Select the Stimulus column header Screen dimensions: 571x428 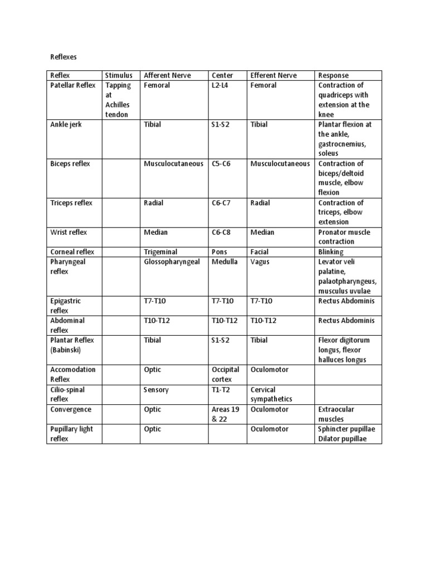point(119,75)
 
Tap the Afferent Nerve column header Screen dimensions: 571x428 point(166,75)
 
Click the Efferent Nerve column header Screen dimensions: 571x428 point(274,75)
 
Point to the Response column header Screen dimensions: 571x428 point(333,75)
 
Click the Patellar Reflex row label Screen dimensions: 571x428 point(73,85)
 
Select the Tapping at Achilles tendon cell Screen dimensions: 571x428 point(119,100)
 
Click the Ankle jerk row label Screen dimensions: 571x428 point(66,124)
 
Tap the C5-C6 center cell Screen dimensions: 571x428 point(221,163)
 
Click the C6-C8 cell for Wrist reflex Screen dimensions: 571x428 point(221,232)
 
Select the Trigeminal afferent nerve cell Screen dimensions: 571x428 point(162,252)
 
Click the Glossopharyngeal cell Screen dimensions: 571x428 point(172,262)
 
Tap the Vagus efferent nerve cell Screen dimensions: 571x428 point(260,262)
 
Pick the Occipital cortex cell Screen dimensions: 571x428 point(226,374)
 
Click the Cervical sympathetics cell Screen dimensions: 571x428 point(271,394)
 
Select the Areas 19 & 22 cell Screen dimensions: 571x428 point(226,414)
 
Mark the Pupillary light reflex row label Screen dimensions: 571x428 point(70,434)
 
